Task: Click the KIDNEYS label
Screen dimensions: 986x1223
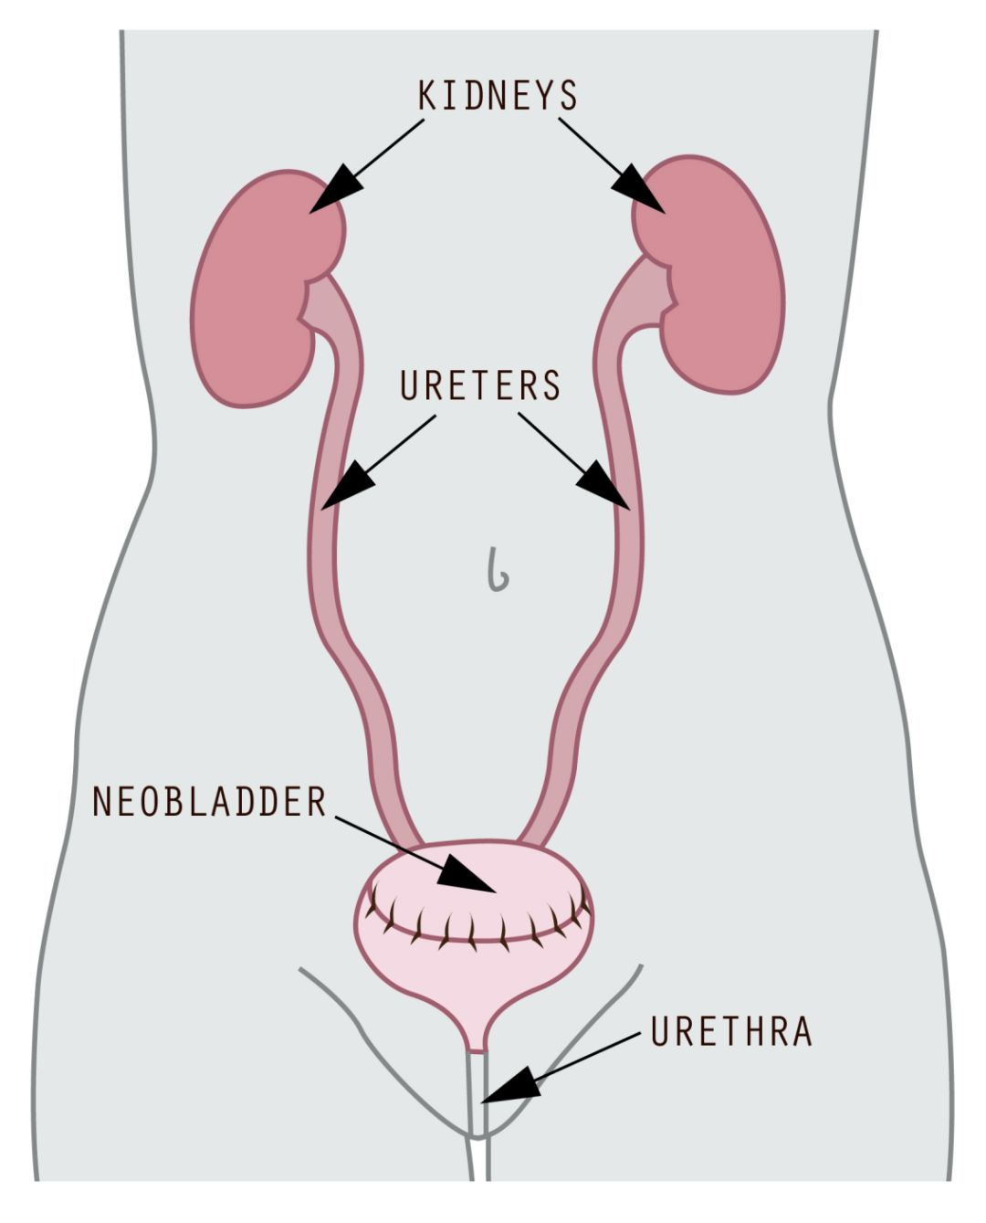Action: point(498,96)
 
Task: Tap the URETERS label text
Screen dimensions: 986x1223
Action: point(480,385)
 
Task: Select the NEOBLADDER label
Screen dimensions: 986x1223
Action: point(209,801)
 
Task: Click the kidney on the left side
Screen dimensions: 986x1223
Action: point(256,290)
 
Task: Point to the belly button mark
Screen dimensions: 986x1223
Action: point(498,570)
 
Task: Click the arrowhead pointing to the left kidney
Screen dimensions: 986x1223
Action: point(334,190)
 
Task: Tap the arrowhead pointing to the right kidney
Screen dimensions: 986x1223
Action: point(641,190)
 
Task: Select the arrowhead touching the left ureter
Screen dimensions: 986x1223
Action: point(345,487)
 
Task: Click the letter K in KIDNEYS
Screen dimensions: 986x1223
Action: point(426,96)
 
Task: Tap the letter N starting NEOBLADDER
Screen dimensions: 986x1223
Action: point(101,801)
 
